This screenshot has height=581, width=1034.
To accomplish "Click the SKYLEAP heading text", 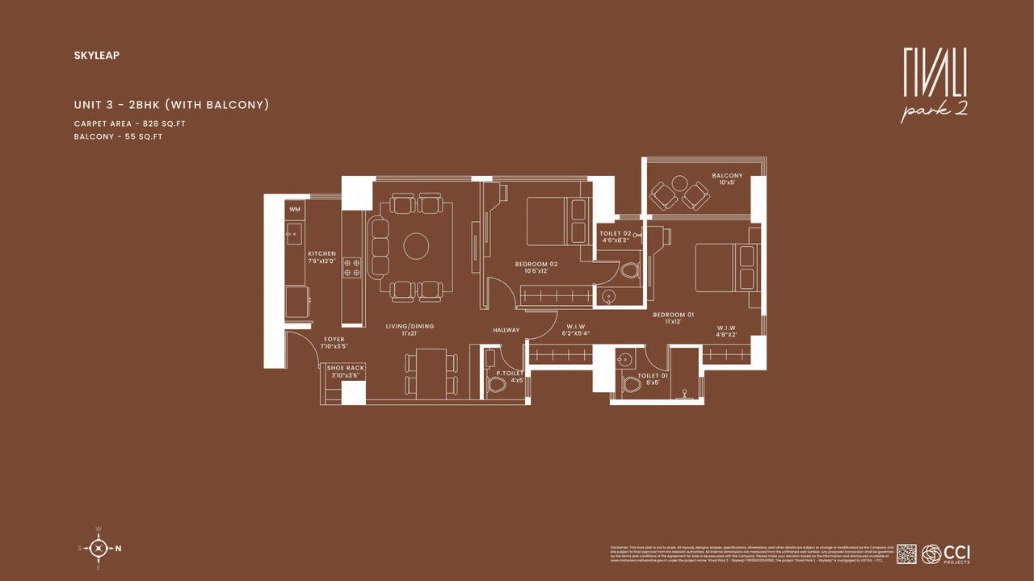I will (x=95, y=56).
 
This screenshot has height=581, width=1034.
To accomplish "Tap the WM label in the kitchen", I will (x=295, y=210).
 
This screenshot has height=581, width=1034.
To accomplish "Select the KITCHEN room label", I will (x=322, y=253).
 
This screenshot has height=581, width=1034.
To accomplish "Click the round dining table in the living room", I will (x=416, y=246).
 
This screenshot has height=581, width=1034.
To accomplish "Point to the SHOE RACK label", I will (x=345, y=368).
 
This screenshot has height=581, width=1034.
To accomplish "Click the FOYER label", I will (x=334, y=340).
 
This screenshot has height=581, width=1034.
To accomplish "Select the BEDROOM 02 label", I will (x=536, y=264).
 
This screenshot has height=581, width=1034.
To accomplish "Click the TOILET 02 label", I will (x=616, y=234).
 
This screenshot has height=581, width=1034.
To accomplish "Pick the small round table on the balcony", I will (x=679, y=184).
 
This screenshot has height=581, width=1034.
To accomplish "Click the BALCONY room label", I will (x=727, y=176).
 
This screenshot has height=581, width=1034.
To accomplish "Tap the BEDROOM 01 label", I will (x=673, y=315).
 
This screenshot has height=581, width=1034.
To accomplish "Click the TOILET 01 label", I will (x=653, y=376).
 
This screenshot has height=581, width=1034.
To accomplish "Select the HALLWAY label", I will (x=507, y=330).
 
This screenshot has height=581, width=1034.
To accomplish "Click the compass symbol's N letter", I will (x=119, y=549).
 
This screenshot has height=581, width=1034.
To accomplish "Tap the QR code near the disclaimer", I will (x=906, y=554).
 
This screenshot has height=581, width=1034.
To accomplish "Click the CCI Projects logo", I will (x=946, y=554).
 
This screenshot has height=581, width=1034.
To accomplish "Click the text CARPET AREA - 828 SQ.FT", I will (x=129, y=123).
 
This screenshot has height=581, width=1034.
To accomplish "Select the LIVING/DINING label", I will (x=410, y=327).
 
